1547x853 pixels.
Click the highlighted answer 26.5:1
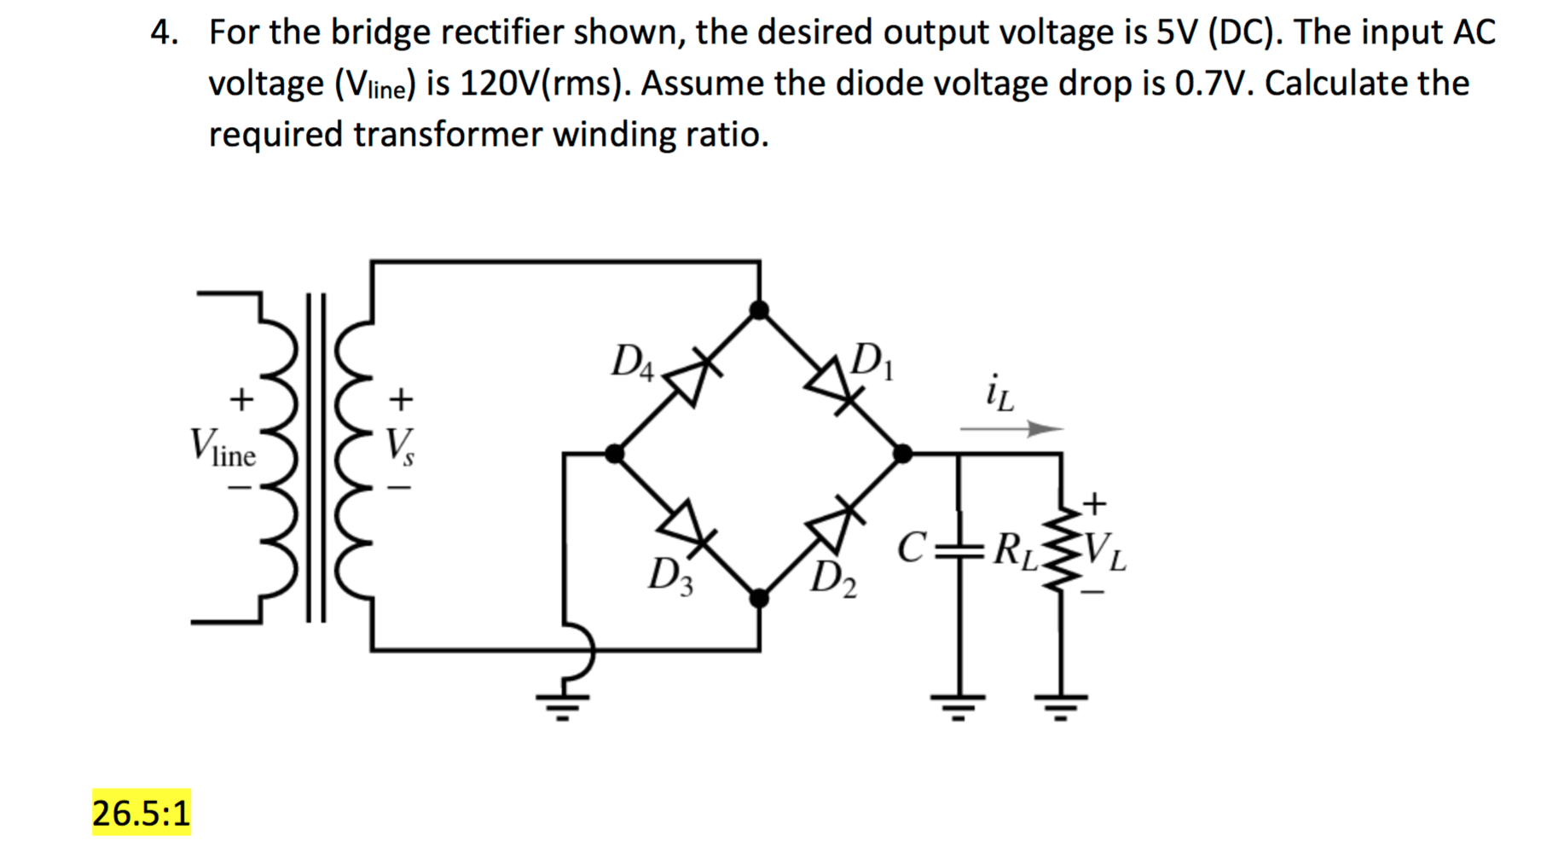pos(141,812)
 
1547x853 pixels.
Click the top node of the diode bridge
pos(759,310)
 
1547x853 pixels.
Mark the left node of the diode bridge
pos(614,453)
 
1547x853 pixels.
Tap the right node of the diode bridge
pos(902,453)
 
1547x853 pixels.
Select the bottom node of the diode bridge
pos(759,598)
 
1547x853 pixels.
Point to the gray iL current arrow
pos(1011,428)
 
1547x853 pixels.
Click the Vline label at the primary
pos(222,446)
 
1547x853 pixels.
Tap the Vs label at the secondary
pos(399,445)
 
